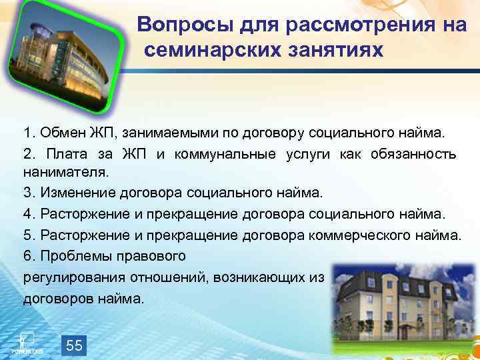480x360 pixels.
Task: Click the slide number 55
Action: coord(75,345)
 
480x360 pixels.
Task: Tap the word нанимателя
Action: coord(65,173)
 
